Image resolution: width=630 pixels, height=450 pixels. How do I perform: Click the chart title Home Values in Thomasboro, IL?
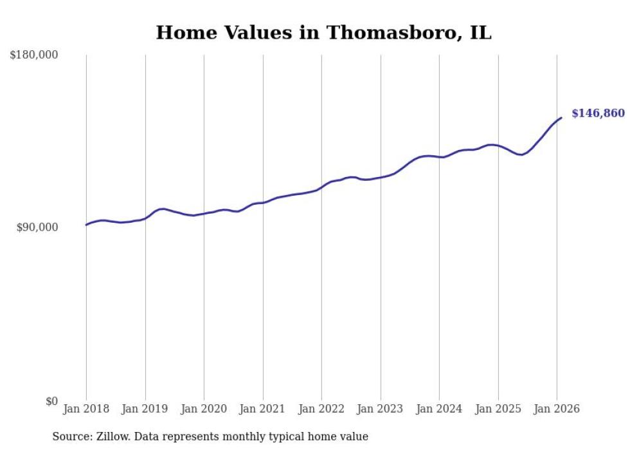(323, 33)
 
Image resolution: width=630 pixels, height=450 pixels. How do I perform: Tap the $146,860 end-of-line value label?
(597, 114)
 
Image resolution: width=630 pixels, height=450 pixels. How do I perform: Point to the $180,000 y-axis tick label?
(34, 55)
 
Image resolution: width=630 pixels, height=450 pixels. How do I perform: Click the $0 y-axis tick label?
(51, 402)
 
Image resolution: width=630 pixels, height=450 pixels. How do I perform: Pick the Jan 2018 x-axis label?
(86, 409)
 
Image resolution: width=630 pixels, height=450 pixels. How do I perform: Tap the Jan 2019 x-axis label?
(145, 409)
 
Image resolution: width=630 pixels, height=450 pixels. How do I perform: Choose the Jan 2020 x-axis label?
(204, 409)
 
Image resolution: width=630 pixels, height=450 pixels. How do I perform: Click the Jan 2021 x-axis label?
(263, 409)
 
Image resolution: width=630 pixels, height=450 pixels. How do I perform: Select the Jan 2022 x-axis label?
(321, 409)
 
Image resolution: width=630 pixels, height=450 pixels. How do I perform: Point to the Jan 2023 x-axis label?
(381, 409)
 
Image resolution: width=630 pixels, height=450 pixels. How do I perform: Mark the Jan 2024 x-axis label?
(439, 409)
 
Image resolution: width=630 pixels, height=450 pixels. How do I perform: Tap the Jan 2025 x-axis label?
(498, 409)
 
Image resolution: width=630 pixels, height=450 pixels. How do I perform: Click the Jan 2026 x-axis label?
(557, 409)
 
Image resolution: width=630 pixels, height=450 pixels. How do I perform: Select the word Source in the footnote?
(70, 437)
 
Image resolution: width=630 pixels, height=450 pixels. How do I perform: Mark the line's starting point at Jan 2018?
(86, 225)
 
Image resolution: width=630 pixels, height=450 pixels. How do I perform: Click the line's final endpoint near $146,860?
(561, 118)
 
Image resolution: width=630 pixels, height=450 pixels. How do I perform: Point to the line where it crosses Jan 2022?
(321, 187)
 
